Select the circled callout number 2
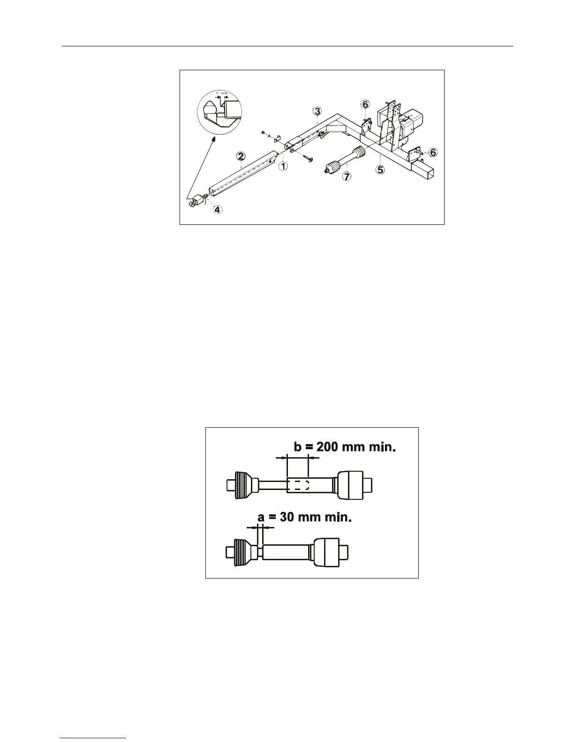click(x=240, y=156)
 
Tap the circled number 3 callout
click(x=317, y=111)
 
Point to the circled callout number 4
click(x=217, y=209)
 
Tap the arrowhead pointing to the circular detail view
click(x=214, y=139)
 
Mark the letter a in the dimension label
click(x=261, y=517)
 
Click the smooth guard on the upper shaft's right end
click(x=350, y=484)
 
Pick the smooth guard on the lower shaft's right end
click(x=326, y=551)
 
